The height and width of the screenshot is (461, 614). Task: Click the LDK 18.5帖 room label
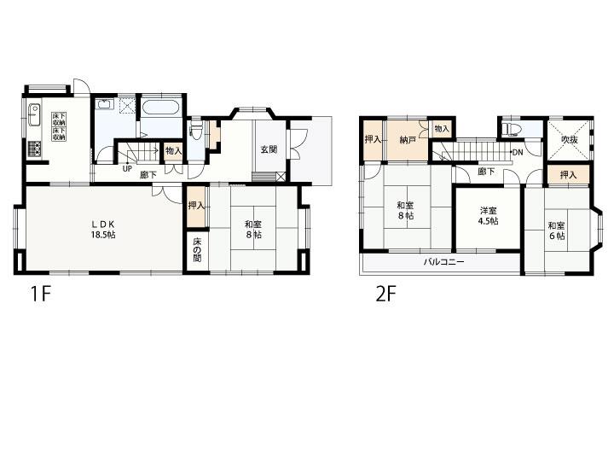[103, 230]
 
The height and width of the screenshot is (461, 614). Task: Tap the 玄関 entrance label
[269, 149]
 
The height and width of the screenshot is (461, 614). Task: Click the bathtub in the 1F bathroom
[161, 107]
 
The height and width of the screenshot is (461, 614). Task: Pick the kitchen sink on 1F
[34, 114]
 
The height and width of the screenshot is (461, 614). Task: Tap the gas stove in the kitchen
[34, 149]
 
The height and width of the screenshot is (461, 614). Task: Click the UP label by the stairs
[128, 169]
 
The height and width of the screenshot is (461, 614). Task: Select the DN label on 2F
[518, 153]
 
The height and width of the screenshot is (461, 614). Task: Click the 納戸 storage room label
[408, 140]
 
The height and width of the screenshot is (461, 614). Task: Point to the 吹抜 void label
[569, 139]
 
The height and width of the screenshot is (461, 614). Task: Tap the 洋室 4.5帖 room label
[488, 216]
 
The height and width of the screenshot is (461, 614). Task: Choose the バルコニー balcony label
[443, 261]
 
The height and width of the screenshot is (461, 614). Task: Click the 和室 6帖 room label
[556, 230]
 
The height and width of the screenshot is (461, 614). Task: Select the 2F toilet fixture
[508, 129]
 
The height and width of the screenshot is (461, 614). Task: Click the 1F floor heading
[41, 294]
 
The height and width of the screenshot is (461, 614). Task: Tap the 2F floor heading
[386, 294]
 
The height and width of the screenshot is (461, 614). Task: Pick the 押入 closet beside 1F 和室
[196, 207]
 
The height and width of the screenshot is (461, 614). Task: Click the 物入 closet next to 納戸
[442, 129]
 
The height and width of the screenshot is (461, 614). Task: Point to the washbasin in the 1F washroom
[104, 104]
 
